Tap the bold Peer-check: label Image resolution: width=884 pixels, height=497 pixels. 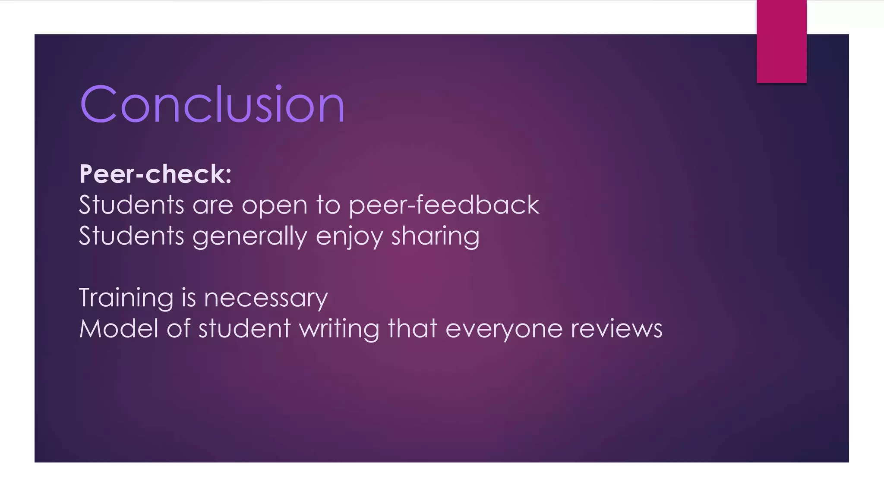(x=155, y=174)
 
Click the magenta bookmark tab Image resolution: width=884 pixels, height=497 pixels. (x=781, y=41)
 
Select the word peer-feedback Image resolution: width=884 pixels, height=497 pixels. (x=444, y=205)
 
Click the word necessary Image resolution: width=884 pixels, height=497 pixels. (x=266, y=298)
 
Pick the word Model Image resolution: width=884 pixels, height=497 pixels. (x=119, y=329)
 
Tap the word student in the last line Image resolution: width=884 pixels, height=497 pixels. (x=244, y=329)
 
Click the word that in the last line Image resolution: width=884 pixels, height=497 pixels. (x=413, y=329)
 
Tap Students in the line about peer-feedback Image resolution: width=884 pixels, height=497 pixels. (x=132, y=205)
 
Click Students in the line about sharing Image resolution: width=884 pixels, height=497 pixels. (x=132, y=236)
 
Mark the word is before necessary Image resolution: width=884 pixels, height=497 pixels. (x=189, y=298)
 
